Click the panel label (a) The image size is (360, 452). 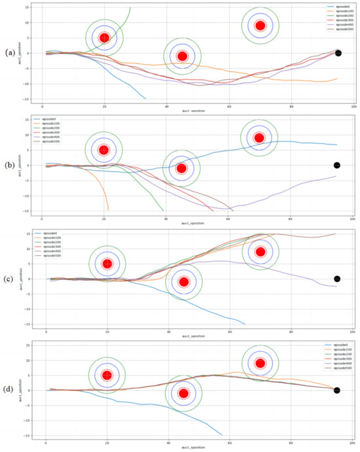pyautogui.click(x=10, y=52)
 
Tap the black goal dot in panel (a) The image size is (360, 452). pyautogui.click(x=338, y=53)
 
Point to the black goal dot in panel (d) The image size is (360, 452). pyautogui.click(x=336, y=391)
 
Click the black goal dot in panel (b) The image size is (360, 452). pyautogui.click(x=337, y=165)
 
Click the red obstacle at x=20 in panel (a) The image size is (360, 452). pyautogui.click(x=104, y=37)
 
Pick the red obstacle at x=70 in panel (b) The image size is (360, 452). pyautogui.click(x=259, y=138)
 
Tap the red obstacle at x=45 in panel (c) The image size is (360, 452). pyautogui.click(x=184, y=282)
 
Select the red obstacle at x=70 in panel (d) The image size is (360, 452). pyautogui.click(x=261, y=363)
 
